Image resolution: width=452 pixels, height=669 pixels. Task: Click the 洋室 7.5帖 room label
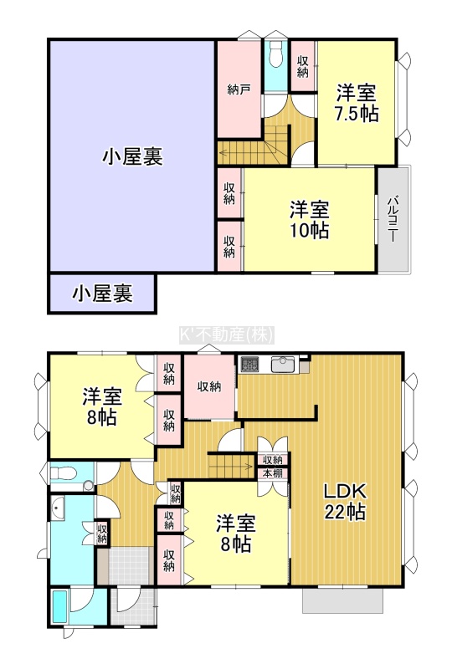tap(357, 103)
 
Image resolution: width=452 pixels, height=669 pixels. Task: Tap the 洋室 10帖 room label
tap(310, 219)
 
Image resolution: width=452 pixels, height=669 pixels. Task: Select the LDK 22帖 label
tap(345, 501)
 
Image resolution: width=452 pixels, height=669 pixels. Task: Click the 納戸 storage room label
tap(239, 90)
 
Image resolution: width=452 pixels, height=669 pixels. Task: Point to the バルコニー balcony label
tap(394, 219)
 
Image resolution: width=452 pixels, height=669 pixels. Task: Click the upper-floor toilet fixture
tap(276, 54)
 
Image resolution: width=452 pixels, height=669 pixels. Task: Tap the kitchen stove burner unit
tap(250, 365)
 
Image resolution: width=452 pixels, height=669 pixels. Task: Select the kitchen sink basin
tap(283, 365)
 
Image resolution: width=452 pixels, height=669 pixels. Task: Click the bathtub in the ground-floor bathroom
tap(59, 606)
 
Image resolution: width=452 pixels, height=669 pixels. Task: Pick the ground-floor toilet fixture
tap(64, 473)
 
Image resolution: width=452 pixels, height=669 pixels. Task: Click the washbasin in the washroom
tap(58, 508)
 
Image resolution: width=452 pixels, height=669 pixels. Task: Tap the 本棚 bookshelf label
tap(272, 473)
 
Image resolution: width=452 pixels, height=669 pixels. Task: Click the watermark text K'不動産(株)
tap(226, 335)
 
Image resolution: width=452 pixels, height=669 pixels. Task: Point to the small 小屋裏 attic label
tap(102, 294)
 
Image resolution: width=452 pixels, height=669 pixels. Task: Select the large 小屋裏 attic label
tap(132, 156)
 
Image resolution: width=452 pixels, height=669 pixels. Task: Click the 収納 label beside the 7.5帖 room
tap(302, 67)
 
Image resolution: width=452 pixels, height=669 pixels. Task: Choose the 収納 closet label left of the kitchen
tap(209, 386)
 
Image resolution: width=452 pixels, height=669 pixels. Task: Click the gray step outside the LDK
tap(342, 600)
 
